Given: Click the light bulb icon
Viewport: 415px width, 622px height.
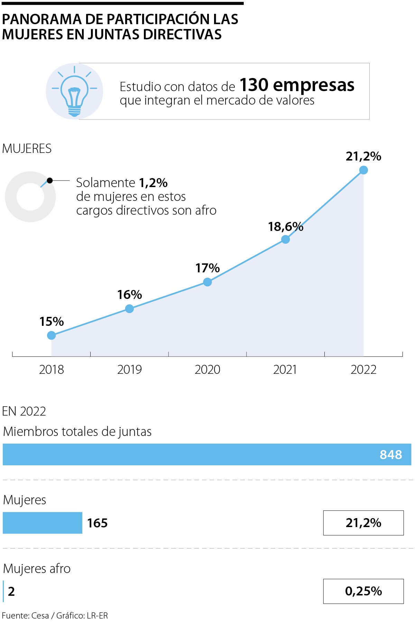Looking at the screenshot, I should [x=74, y=92].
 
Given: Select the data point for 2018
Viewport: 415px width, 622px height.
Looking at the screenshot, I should [x=52, y=335].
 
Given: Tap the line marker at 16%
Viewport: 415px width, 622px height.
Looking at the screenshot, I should [x=129, y=309].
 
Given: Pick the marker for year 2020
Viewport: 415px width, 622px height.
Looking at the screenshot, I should [x=207, y=282].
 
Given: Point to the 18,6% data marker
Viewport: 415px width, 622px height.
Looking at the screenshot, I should [x=285, y=239].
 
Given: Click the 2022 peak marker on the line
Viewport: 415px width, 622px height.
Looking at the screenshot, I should [x=363, y=170].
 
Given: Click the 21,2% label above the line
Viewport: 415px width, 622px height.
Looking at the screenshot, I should [x=363, y=156].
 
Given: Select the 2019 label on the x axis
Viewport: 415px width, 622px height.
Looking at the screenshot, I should [x=129, y=370].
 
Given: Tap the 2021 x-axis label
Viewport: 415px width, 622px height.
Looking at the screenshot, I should [x=285, y=370].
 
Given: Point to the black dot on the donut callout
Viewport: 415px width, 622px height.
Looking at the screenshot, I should [x=50, y=181].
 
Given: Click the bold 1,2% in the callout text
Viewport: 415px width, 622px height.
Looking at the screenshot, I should [x=153, y=183].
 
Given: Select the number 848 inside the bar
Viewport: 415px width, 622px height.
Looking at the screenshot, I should [x=391, y=455].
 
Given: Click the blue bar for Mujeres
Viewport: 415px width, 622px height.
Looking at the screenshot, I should [x=43, y=523].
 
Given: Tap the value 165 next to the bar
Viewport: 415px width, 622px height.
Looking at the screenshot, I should [x=97, y=523].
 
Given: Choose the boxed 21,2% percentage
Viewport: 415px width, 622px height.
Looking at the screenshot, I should [x=363, y=523].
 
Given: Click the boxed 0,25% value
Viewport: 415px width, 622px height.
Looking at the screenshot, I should [x=363, y=591].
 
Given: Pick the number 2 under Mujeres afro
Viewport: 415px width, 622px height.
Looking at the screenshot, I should [x=11, y=591].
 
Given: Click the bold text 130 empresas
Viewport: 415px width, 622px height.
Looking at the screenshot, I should [x=297, y=85].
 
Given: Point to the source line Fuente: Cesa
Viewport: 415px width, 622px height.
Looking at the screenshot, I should [x=26, y=615].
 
